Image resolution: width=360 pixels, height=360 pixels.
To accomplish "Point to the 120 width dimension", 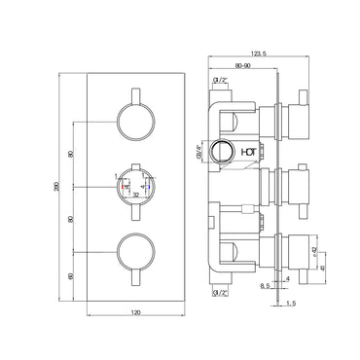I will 137,313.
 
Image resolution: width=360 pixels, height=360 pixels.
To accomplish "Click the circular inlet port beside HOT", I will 225,152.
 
